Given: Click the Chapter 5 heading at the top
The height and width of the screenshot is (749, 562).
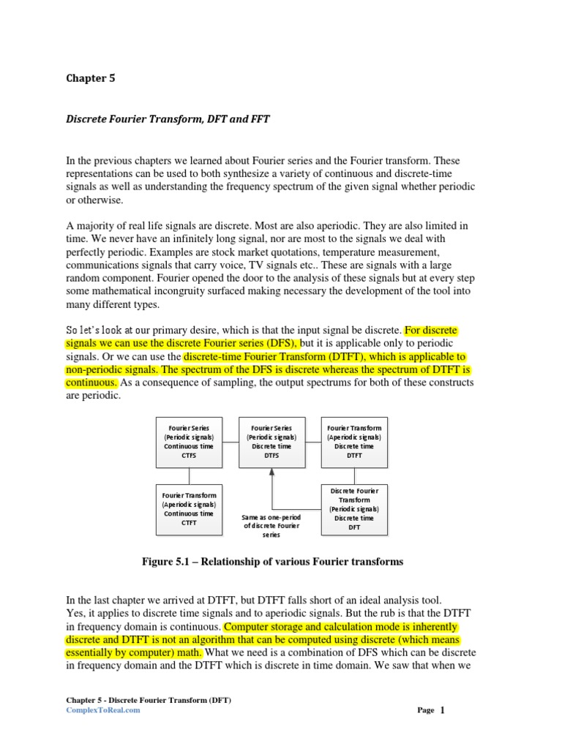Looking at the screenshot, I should pyautogui.click(x=91, y=78).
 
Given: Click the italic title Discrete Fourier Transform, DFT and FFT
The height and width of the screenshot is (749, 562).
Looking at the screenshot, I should pyautogui.click(x=168, y=118).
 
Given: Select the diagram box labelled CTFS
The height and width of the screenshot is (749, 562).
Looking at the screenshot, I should pyautogui.click(x=189, y=441).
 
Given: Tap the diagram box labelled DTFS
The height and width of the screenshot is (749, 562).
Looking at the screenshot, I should pyautogui.click(x=271, y=441).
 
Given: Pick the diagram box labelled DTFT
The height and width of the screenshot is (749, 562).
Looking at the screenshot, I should pyautogui.click(x=354, y=441).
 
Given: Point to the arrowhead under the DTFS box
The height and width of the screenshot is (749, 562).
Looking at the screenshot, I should pyautogui.click(x=271, y=472).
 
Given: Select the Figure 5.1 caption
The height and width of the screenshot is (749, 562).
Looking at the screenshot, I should pyautogui.click(x=271, y=562).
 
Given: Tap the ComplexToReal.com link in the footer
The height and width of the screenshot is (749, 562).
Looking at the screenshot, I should pyautogui.click(x=102, y=710).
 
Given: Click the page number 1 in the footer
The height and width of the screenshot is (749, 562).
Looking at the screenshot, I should pyautogui.click(x=442, y=710).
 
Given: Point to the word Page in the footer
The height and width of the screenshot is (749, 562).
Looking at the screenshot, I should pyautogui.click(x=426, y=710).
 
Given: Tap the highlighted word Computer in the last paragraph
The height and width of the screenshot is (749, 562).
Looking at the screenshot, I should pyautogui.click(x=250, y=627).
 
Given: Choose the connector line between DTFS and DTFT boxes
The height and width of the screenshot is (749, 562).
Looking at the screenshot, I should pyautogui.click(x=312, y=441).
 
